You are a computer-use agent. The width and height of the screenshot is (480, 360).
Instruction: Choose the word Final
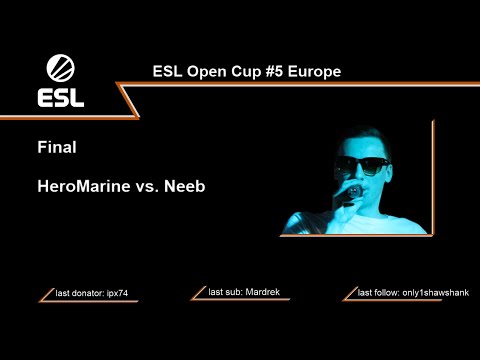(x=57, y=147)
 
